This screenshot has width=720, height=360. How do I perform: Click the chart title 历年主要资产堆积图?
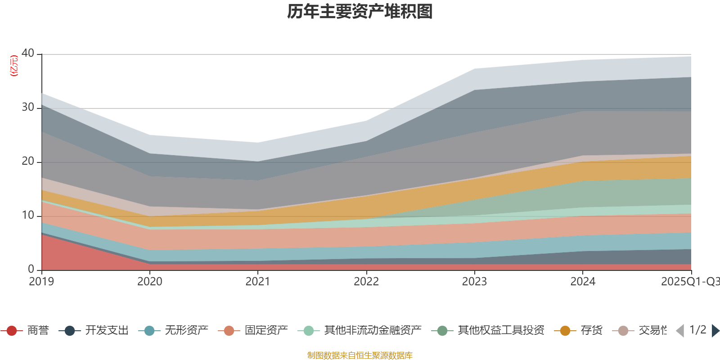[x=360, y=12]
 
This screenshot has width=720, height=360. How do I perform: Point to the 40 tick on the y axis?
[x=28, y=53]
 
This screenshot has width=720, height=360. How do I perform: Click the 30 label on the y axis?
[x=28, y=107]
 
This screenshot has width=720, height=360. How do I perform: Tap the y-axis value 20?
[x=28, y=161]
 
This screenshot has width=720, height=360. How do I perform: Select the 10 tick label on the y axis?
[x=28, y=215]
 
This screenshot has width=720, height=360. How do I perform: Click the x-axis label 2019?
[x=41, y=282]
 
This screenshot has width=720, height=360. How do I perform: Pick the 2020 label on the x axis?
[x=149, y=282]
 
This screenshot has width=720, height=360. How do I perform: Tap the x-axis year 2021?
[x=258, y=282]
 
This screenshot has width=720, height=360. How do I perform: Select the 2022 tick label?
[x=366, y=282]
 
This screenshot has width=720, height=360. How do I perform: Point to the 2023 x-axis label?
[x=474, y=282]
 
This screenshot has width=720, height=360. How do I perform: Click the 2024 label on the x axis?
[x=583, y=282]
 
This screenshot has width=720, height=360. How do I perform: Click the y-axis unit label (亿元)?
[x=14, y=66]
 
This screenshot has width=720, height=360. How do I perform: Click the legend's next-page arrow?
[x=715, y=331]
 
